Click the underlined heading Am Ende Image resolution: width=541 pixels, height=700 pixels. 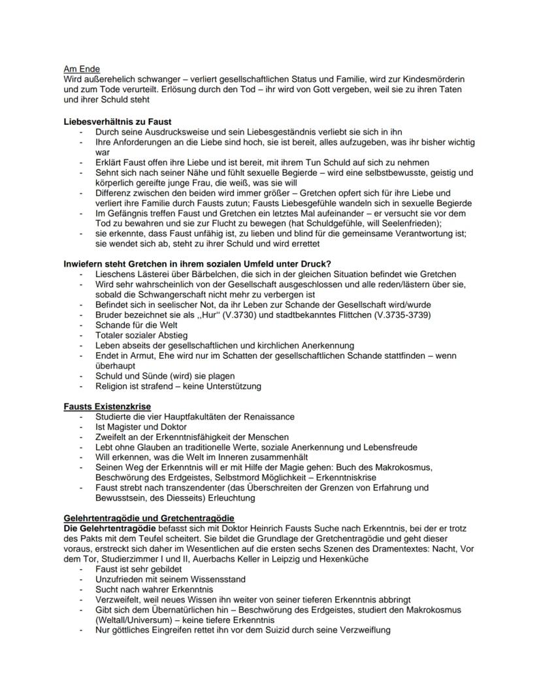tap(82, 69)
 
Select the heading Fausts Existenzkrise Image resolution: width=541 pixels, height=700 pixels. tap(107, 407)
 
